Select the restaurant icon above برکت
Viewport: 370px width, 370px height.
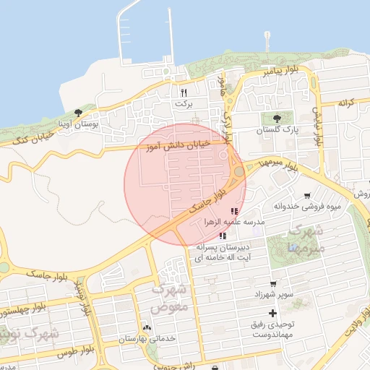point(184,92)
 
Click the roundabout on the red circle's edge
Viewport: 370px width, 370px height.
point(238,172)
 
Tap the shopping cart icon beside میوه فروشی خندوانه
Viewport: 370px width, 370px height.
point(307,195)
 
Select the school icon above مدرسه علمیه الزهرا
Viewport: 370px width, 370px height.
point(213,210)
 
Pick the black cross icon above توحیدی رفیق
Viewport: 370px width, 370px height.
point(272,313)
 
